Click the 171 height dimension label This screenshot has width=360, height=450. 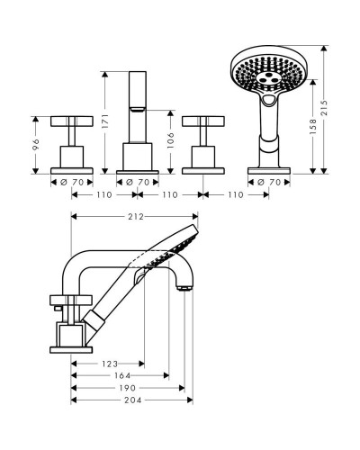(x=105, y=121)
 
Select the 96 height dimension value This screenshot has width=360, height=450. (x=36, y=144)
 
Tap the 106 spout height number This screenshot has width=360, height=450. (x=170, y=140)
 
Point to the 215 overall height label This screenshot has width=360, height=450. (x=324, y=108)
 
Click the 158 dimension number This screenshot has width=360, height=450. (x=313, y=126)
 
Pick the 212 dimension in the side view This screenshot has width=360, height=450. (x=136, y=216)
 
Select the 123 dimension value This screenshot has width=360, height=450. (x=110, y=364)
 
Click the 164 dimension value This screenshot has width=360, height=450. (x=122, y=375)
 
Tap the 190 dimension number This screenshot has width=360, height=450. (x=127, y=388)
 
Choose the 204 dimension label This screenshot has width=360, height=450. (x=133, y=400)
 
